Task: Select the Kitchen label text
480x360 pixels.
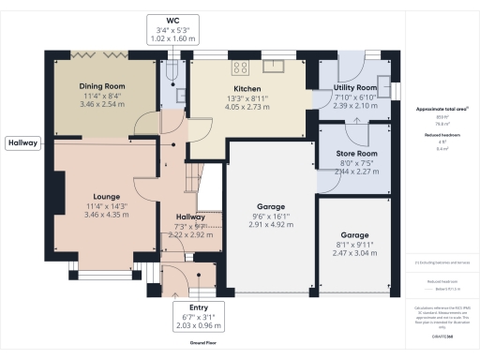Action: pyautogui.click(x=247, y=88)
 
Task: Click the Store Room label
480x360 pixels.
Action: pyautogui.click(x=355, y=153)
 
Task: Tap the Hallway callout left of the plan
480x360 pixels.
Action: pyautogui.click(x=24, y=143)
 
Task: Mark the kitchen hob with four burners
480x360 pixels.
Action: pyautogui.click(x=239, y=67)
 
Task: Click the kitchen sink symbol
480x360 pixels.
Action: pyautogui.click(x=274, y=66)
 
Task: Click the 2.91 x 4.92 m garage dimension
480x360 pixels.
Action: pyautogui.click(x=271, y=225)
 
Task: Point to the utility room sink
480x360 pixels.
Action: pyautogui.click(x=383, y=80)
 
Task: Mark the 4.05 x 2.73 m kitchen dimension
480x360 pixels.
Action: pyautogui.click(x=247, y=108)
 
